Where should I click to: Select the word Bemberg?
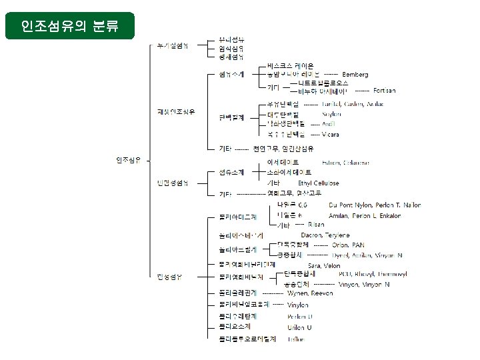click(x=355, y=74)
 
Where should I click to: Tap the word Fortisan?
click(x=385, y=90)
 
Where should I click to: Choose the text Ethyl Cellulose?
click(x=318, y=183)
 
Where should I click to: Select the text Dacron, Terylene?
click(x=325, y=235)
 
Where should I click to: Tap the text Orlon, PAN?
click(x=348, y=245)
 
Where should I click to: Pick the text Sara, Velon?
click(x=324, y=265)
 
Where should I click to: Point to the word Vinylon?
click(x=298, y=305)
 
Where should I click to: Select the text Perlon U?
click(x=299, y=317)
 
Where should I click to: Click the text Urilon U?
click(x=299, y=327)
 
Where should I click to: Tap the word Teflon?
click(x=296, y=339)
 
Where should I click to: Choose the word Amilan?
click(x=339, y=216)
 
